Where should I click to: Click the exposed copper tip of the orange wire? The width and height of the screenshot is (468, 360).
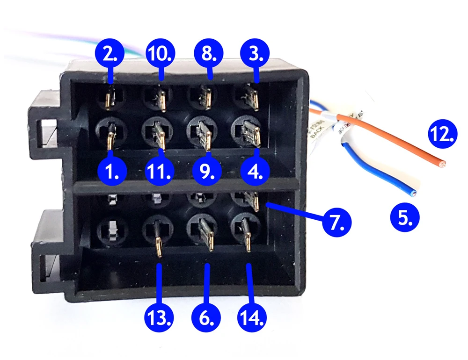(x=442, y=164)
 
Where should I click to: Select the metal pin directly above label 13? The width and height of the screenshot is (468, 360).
(x=159, y=238)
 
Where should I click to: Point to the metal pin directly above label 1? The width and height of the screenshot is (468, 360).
(x=111, y=137)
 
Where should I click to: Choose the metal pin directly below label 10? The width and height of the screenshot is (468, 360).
(x=162, y=100)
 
